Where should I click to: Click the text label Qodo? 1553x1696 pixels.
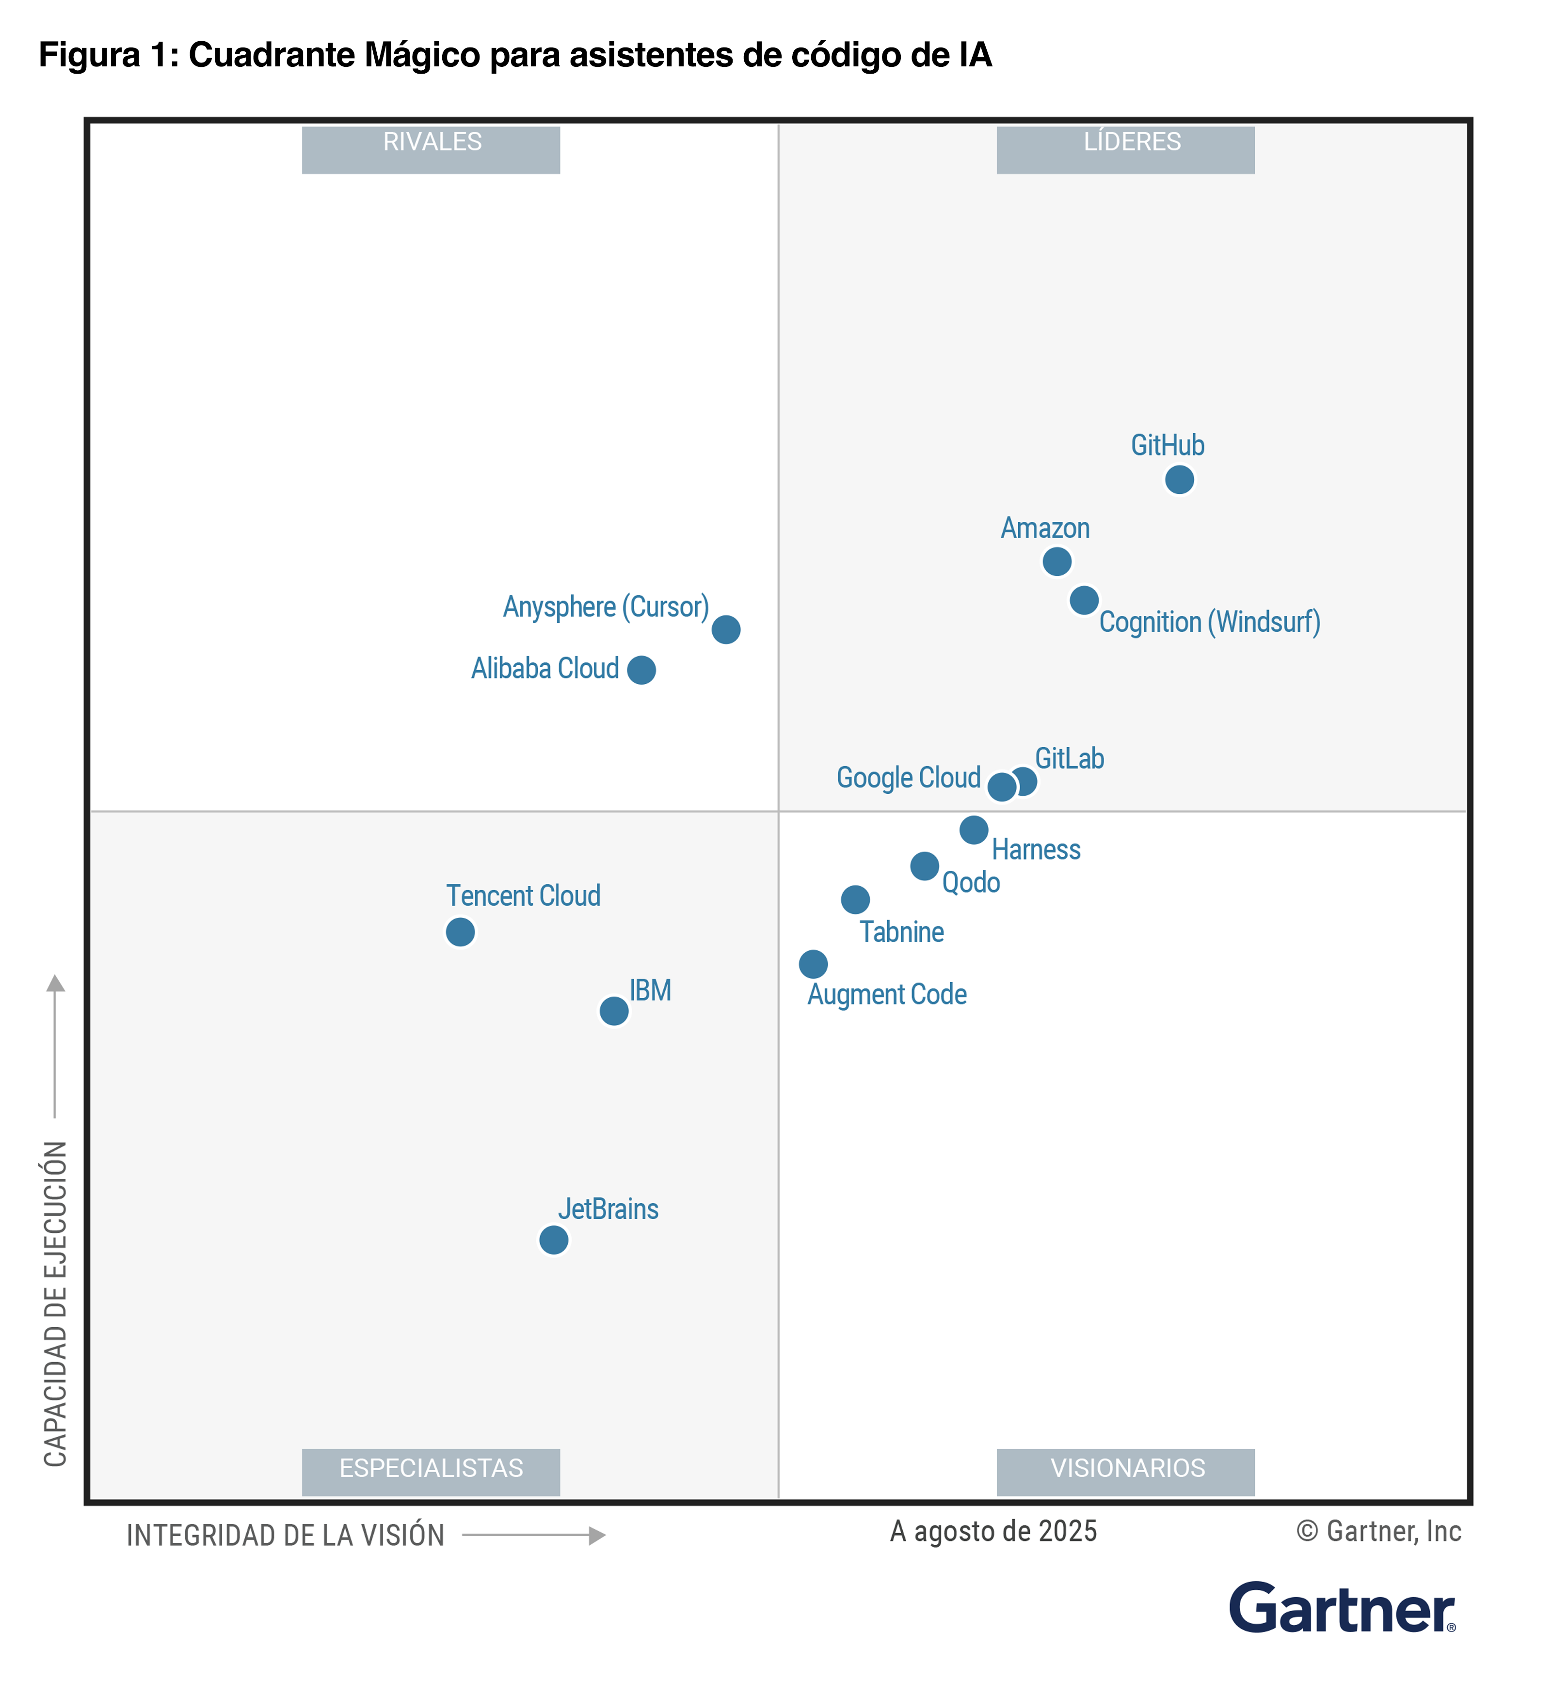click(x=971, y=882)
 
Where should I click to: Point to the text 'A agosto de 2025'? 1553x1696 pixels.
click(x=993, y=1531)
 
